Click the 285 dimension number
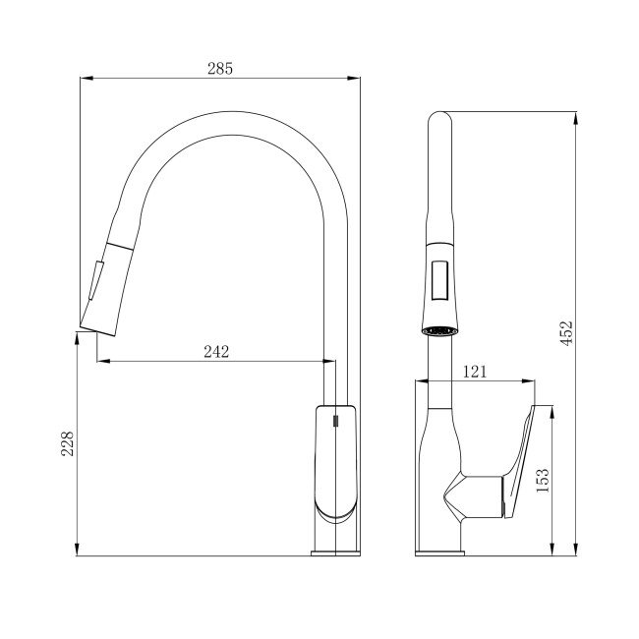click(220, 69)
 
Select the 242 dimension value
click(216, 351)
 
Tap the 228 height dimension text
click(67, 443)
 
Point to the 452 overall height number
click(566, 332)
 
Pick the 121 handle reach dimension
click(475, 372)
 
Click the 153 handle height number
click(543, 480)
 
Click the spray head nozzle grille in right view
click(439, 330)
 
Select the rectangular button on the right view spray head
click(439, 281)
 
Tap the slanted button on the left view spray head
click(96, 281)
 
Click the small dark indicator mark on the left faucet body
click(335, 421)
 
